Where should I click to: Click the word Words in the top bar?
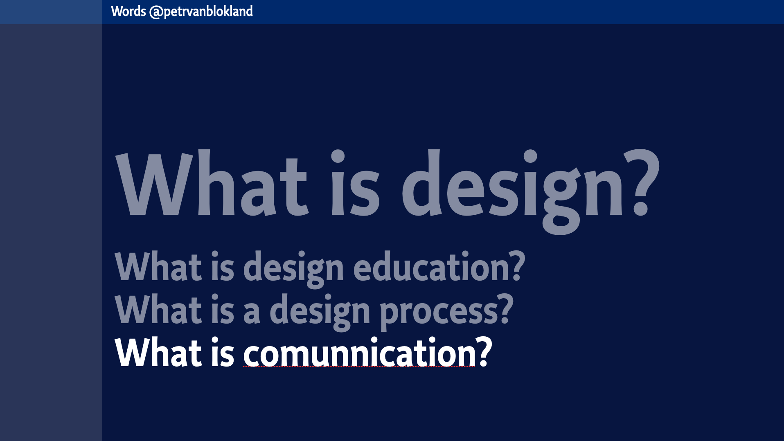click(128, 11)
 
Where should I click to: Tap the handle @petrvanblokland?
click(201, 11)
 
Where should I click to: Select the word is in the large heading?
click(356, 183)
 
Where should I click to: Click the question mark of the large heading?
click(641, 182)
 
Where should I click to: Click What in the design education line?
click(158, 267)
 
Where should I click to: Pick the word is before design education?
click(223, 267)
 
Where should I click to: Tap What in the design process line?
click(158, 309)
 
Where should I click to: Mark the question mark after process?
click(505, 308)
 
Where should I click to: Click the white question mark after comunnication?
click(484, 352)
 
